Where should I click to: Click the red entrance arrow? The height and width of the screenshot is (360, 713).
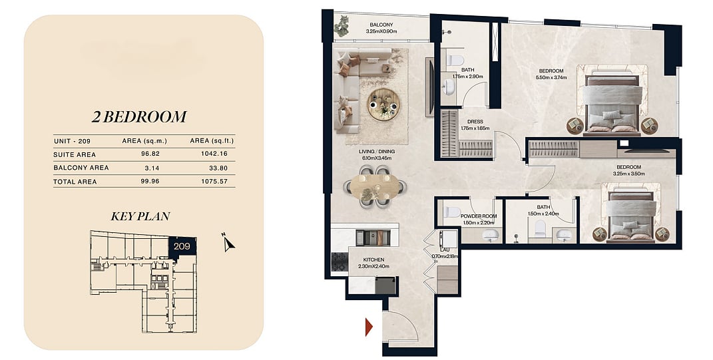(x=369, y=327)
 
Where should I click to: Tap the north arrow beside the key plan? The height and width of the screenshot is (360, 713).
(x=229, y=244)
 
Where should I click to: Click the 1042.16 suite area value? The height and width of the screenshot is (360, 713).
(x=214, y=154)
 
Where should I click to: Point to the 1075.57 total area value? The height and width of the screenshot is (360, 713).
(x=214, y=182)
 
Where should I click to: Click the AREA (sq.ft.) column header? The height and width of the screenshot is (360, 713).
(x=212, y=141)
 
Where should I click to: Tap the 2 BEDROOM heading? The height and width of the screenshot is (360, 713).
(x=139, y=117)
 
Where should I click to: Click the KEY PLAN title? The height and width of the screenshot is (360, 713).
(x=140, y=216)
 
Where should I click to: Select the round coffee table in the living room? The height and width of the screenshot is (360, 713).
(x=383, y=104)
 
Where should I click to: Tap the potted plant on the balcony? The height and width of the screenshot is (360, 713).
(x=342, y=26)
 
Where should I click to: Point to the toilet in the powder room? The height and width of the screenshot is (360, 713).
(x=453, y=212)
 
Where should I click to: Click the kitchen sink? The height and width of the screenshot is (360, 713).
(x=373, y=238)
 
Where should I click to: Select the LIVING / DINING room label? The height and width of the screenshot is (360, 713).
(x=376, y=151)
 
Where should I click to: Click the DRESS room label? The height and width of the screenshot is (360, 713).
(x=475, y=122)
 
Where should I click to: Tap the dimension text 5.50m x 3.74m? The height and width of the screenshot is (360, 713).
(x=551, y=77)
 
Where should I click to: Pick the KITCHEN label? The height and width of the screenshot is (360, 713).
(x=373, y=260)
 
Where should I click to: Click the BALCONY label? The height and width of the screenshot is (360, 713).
(x=381, y=25)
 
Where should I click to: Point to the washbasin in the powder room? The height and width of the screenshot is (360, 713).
(x=490, y=235)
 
